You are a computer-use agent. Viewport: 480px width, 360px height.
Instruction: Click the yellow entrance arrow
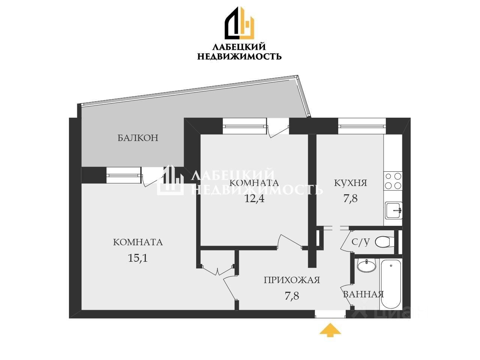point(330,330)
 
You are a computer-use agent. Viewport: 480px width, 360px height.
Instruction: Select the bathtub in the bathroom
point(390,283)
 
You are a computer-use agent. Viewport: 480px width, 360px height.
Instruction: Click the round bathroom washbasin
point(366,265)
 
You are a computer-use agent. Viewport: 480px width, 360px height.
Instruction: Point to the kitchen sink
point(393,210)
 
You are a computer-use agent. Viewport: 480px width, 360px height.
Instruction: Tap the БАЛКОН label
point(138,138)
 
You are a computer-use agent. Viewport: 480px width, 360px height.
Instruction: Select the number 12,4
point(254,198)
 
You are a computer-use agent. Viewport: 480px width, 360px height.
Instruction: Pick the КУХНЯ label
point(350,183)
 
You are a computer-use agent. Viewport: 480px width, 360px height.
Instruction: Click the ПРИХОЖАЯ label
point(291,280)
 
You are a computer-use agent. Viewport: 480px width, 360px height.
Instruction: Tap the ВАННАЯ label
point(363,294)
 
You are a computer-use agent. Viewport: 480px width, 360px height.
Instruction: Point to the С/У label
point(360,242)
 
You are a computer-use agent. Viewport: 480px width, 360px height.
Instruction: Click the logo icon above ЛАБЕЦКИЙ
point(239,23)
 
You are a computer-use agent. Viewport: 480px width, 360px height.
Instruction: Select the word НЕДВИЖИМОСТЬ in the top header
point(239,57)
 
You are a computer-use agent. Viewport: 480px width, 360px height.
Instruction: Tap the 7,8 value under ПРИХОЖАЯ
point(292,296)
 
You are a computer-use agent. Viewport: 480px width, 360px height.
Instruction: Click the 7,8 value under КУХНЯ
point(350,198)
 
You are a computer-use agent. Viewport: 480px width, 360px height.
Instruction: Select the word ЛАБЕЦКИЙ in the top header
point(239,47)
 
